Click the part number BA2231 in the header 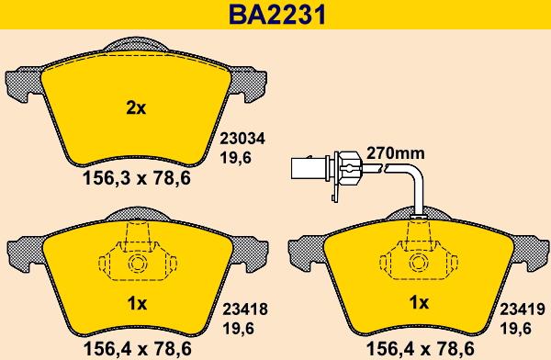[x=277, y=15]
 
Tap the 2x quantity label [x=136, y=108]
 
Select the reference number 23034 [x=242, y=139]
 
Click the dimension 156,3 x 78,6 [x=137, y=178]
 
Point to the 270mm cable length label [x=395, y=153]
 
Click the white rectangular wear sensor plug [x=309, y=168]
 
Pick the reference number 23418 [x=245, y=309]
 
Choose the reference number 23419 [x=523, y=309]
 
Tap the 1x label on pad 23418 [x=137, y=303]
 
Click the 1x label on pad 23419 [x=419, y=302]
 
